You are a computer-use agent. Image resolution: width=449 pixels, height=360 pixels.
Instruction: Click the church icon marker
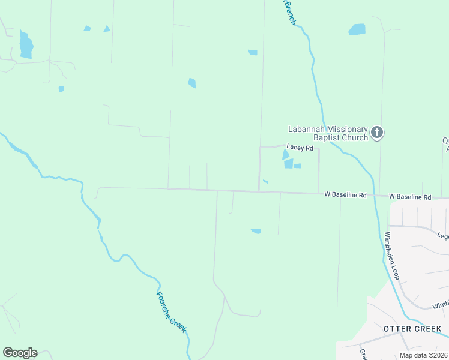(x=376, y=133)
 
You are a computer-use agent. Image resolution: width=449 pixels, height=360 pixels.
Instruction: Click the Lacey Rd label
(x=300, y=147)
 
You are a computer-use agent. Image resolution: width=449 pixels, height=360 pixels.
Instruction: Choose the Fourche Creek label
(x=172, y=313)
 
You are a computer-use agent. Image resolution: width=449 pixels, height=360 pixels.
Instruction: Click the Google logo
(x=20, y=353)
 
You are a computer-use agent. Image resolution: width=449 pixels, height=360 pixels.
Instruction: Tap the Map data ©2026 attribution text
(x=423, y=355)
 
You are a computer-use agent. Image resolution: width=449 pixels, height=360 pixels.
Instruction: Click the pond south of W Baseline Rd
(x=256, y=231)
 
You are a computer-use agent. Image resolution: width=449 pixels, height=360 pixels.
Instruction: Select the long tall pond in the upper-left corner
(x=26, y=45)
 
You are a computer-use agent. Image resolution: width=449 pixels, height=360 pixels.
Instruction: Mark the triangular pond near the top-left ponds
(x=107, y=28)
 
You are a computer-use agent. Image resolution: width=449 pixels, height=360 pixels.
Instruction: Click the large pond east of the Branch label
(x=357, y=29)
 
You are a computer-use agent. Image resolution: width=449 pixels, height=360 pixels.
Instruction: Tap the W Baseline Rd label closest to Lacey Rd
(x=345, y=195)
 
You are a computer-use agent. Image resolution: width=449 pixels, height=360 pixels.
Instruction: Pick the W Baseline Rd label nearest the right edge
(x=410, y=197)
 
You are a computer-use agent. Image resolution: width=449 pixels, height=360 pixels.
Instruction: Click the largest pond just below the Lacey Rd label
(x=287, y=159)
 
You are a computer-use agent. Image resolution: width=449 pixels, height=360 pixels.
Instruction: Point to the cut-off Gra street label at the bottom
(x=363, y=353)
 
